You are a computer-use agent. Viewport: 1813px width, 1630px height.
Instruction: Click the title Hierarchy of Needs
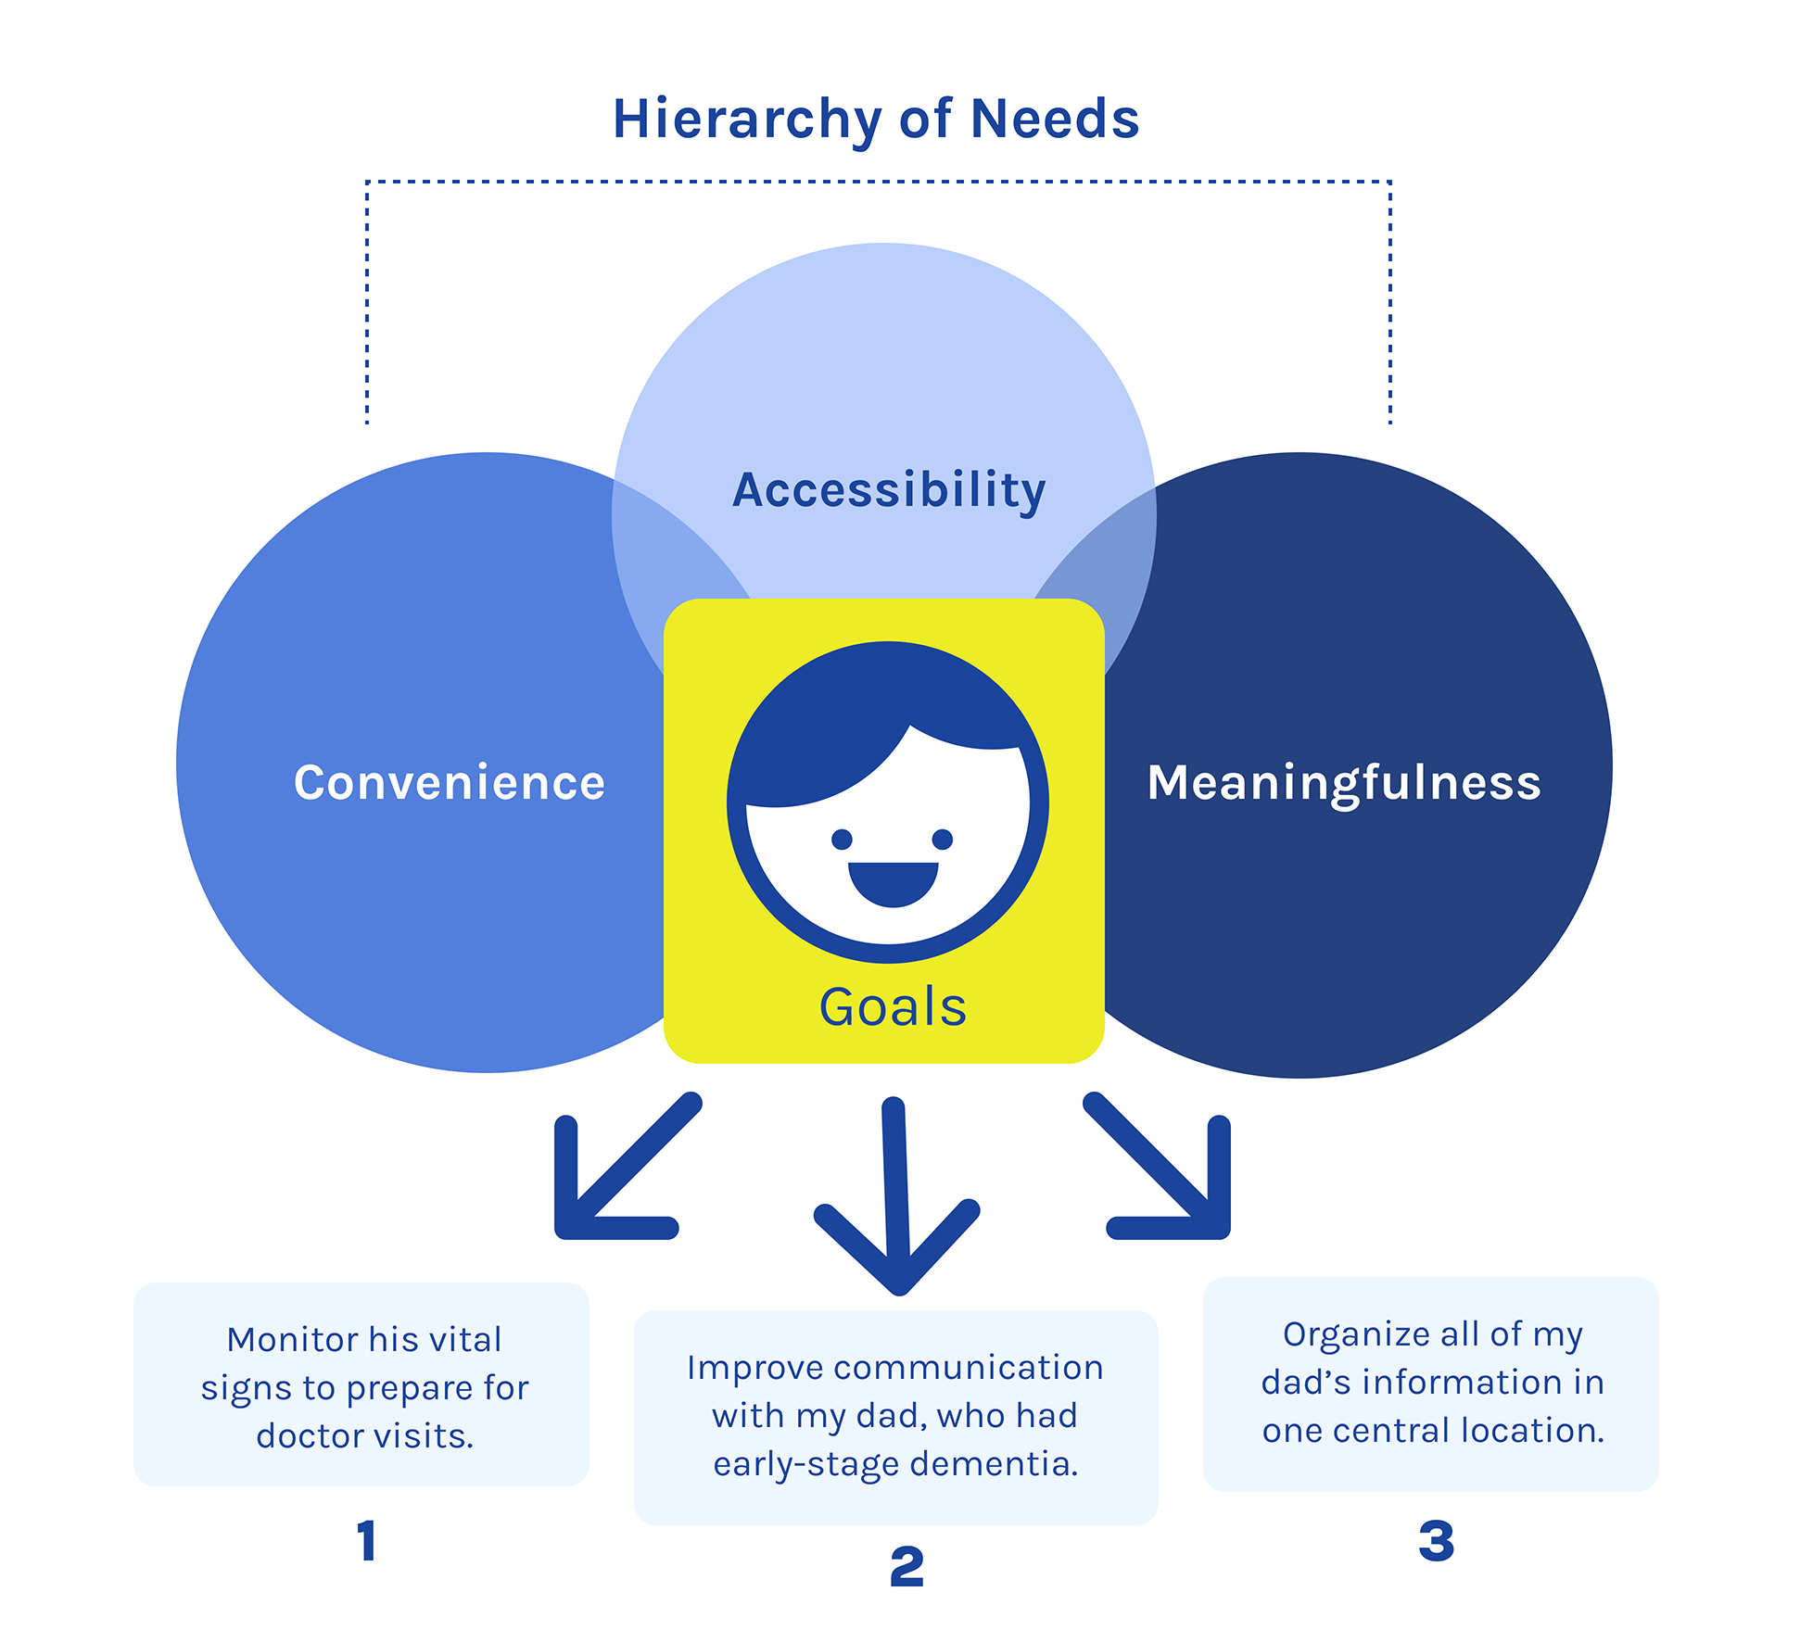click(876, 120)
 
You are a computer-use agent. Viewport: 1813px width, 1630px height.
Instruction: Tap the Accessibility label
click(889, 489)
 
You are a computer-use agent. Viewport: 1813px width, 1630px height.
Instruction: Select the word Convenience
click(450, 782)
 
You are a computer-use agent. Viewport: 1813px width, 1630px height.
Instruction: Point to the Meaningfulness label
click(1344, 782)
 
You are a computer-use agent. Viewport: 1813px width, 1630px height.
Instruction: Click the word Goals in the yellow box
click(893, 1007)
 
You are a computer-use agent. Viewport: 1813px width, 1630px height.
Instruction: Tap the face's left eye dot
click(842, 840)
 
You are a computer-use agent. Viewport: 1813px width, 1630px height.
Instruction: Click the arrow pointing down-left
click(616, 1172)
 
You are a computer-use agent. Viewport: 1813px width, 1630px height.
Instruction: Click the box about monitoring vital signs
click(361, 1385)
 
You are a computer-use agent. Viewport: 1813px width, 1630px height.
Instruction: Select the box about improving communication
click(895, 1416)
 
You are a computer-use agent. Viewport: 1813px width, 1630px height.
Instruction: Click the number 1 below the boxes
click(367, 1541)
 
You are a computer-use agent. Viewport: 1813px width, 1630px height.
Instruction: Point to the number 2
click(906, 1567)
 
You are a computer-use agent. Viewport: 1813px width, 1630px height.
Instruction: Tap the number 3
click(1436, 1541)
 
